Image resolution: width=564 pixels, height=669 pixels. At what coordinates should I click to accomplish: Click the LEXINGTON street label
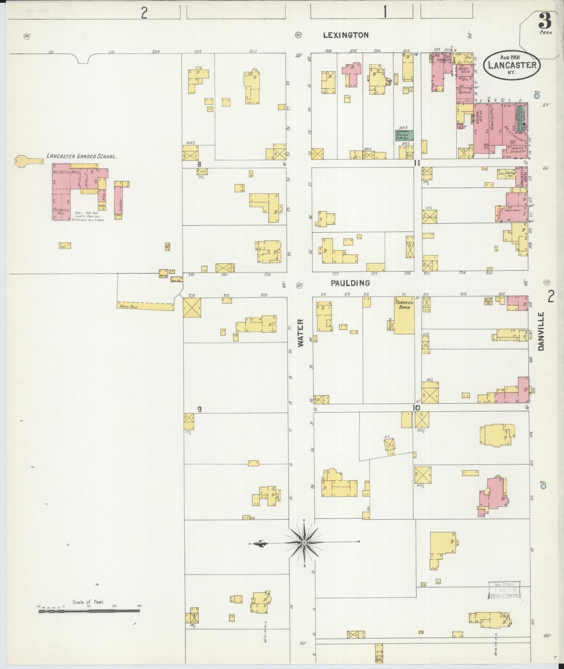pos(345,35)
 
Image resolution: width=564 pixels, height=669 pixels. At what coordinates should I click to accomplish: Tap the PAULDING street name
pos(350,283)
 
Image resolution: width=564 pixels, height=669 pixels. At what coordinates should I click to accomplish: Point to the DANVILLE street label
pos(542,332)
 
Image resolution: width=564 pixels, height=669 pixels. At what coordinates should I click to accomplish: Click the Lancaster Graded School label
pos(81,157)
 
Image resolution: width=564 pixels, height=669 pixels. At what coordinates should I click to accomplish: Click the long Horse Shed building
pos(145,307)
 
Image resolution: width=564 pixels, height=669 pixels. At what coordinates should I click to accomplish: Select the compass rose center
pos(304,542)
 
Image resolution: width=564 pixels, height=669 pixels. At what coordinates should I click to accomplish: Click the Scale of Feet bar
pos(89,366)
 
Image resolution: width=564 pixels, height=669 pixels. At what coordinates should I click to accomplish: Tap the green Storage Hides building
pos(405,135)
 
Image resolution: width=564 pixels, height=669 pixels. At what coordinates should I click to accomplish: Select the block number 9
pos(199,410)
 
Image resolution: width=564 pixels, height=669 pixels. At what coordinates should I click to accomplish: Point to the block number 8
pos(199,164)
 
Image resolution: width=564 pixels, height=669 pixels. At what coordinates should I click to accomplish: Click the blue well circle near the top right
pos(537,96)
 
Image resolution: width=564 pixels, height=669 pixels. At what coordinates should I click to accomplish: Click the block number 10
pos(416,408)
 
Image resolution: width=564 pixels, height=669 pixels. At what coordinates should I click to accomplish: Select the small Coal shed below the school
pos(65,246)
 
